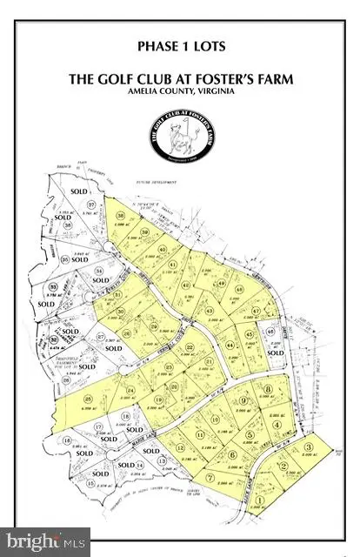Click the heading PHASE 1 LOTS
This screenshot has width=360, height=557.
pyautogui.click(x=179, y=44)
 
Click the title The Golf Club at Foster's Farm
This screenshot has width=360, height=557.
pyautogui.click(x=179, y=79)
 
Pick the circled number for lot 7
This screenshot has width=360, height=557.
pyautogui.click(x=210, y=477)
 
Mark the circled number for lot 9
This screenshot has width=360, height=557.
pyautogui.click(x=245, y=399)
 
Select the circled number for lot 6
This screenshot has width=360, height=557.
pyautogui.click(x=232, y=454)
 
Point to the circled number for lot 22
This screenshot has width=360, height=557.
pyautogui.click(x=190, y=347)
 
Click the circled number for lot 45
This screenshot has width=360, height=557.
pyautogui.click(x=250, y=334)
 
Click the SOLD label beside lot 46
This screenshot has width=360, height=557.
pyautogui.click(x=277, y=354)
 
